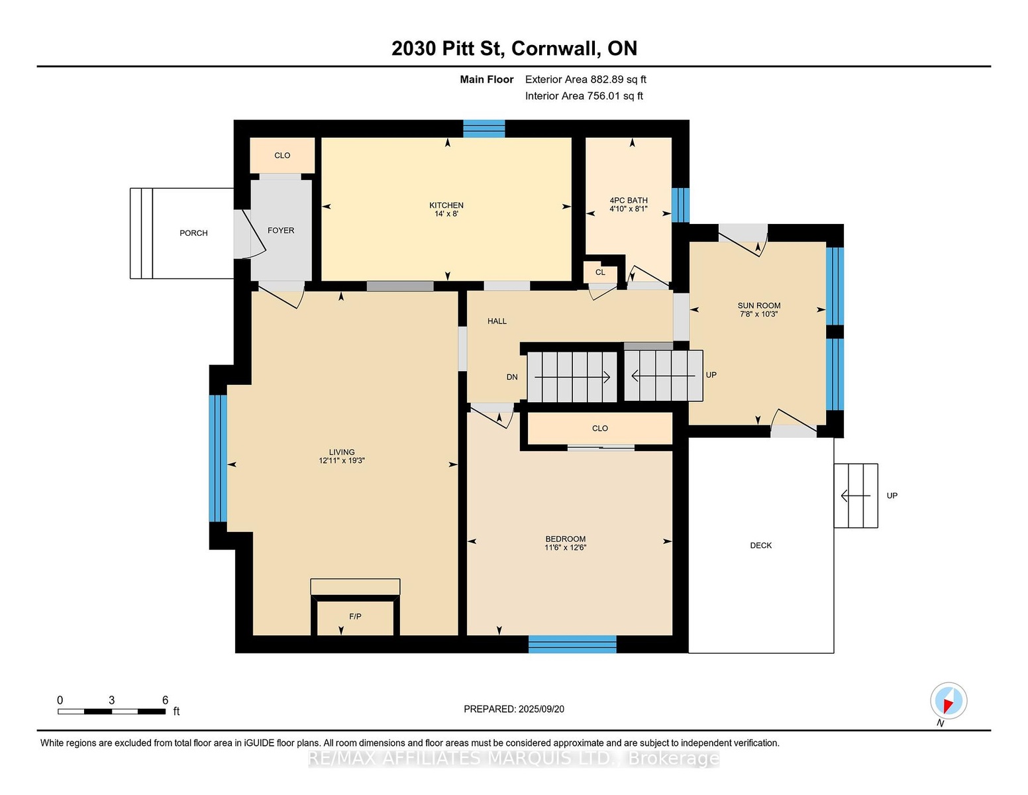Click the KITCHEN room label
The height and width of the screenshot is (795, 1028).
[446, 205]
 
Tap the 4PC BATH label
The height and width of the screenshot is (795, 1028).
[628, 201]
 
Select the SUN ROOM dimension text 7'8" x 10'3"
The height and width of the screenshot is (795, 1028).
[759, 314]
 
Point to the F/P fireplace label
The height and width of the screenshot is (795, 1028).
[355, 616]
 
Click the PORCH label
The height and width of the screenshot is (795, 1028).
[193, 233]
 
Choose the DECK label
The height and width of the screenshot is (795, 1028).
[760, 545]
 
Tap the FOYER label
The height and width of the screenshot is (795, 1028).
[281, 231]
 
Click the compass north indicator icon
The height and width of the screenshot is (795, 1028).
[949, 701]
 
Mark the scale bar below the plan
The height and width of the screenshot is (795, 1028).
[112, 712]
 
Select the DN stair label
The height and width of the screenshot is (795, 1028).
[512, 377]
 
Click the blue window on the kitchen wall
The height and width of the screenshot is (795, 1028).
[484, 129]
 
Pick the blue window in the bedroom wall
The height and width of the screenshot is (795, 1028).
[572, 644]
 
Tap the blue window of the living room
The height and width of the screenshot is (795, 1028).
[218, 458]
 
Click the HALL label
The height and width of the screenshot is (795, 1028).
[497, 321]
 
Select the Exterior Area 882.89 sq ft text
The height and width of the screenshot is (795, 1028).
[586, 79]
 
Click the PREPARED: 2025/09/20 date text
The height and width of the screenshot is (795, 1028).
[514, 709]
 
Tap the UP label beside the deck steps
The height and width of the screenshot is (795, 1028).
[892, 496]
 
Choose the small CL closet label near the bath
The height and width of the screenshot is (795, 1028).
[600, 272]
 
